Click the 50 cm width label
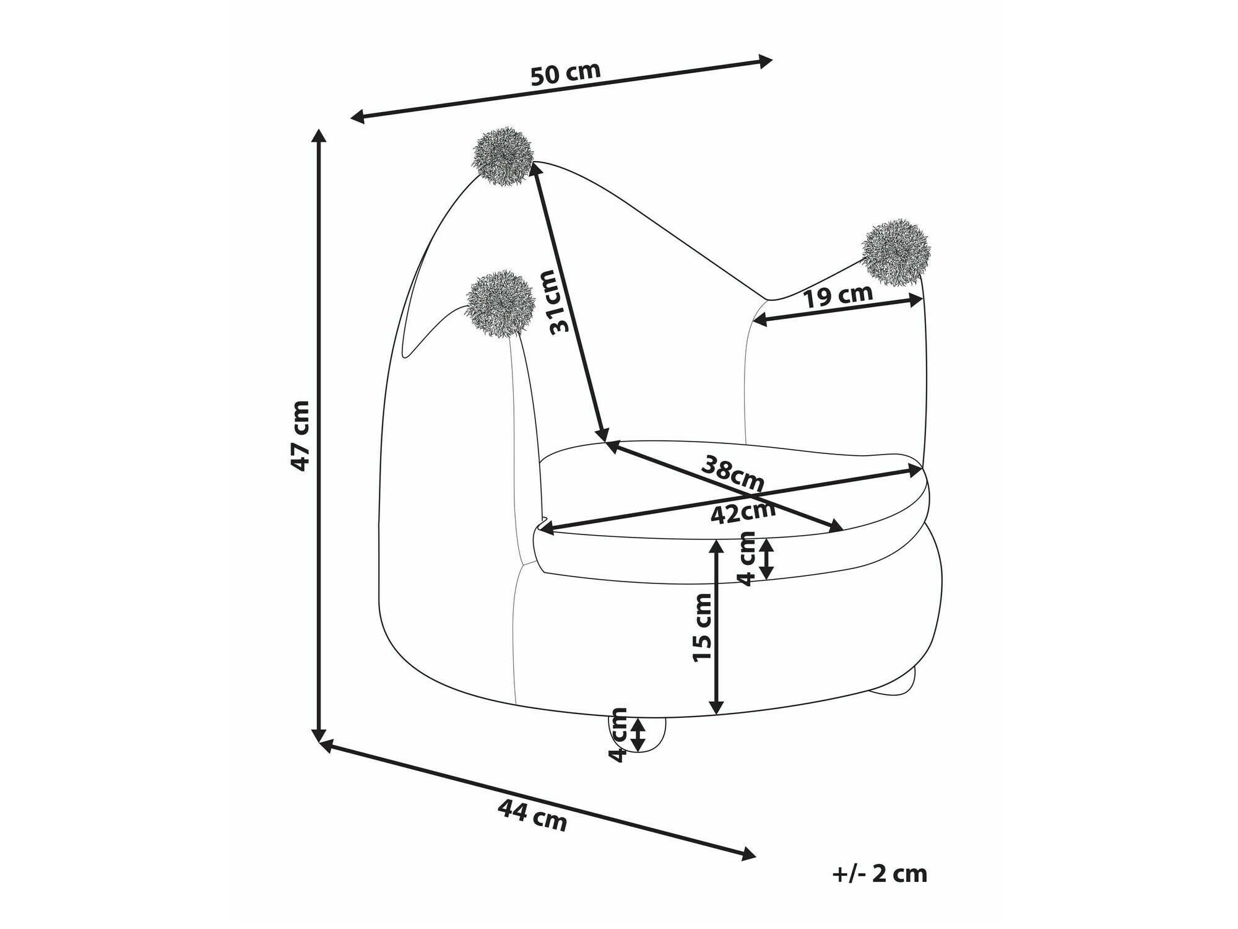click(x=566, y=73)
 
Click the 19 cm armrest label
click(x=838, y=295)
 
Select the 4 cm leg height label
click(x=618, y=735)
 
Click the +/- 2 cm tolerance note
click(x=880, y=874)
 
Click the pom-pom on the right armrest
click(x=896, y=253)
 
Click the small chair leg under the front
click(x=638, y=735)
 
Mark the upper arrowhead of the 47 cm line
click(x=319, y=136)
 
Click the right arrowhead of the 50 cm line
click(x=766, y=61)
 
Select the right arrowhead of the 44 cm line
click(x=748, y=853)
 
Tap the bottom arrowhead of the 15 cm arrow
click(x=716, y=706)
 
